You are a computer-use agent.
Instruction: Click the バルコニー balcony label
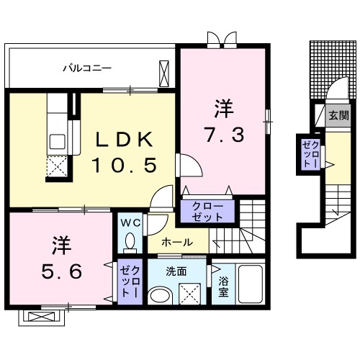[x=86, y=69]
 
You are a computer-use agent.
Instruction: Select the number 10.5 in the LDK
[x=123, y=166]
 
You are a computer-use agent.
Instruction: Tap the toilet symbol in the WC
[x=130, y=240]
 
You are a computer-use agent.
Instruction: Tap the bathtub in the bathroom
[x=253, y=287]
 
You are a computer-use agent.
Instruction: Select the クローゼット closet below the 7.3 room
[x=207, y=210]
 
